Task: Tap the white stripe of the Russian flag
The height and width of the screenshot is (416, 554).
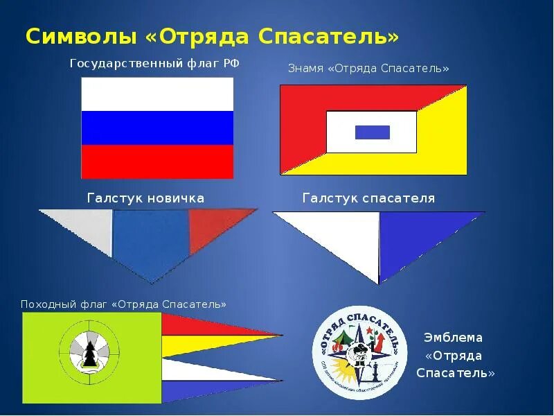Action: point(157,94)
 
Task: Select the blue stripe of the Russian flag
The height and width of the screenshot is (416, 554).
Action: point(157,128)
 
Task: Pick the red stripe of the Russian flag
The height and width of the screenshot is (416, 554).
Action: point(157,161)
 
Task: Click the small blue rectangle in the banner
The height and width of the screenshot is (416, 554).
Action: point(372,132)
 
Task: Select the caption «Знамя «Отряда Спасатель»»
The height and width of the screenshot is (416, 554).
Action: point(368,69)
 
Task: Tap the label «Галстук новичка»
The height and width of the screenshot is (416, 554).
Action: point(145,198)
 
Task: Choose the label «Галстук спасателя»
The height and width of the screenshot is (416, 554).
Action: point(368,198)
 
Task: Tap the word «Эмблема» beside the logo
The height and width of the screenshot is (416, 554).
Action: point(453,338)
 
